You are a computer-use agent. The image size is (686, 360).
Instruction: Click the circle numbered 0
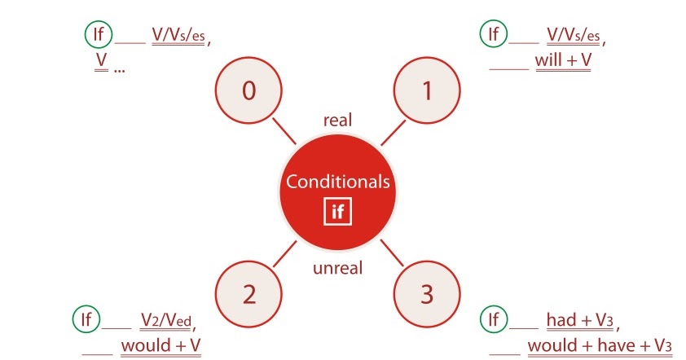(248, 91)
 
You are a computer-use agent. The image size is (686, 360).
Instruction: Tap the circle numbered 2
(248, 295)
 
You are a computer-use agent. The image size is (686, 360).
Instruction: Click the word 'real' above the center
(336, 121)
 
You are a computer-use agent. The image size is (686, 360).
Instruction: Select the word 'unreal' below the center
(337, 267)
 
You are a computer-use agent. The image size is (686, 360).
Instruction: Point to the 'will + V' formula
(563, 60)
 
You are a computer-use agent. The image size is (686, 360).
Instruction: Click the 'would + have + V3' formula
(600, 345)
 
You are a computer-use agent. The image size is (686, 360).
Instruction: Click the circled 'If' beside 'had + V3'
(492, 318)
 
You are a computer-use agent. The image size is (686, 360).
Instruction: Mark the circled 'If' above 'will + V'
(492, 33)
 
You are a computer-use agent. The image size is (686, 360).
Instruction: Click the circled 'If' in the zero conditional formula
(97, 33)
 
